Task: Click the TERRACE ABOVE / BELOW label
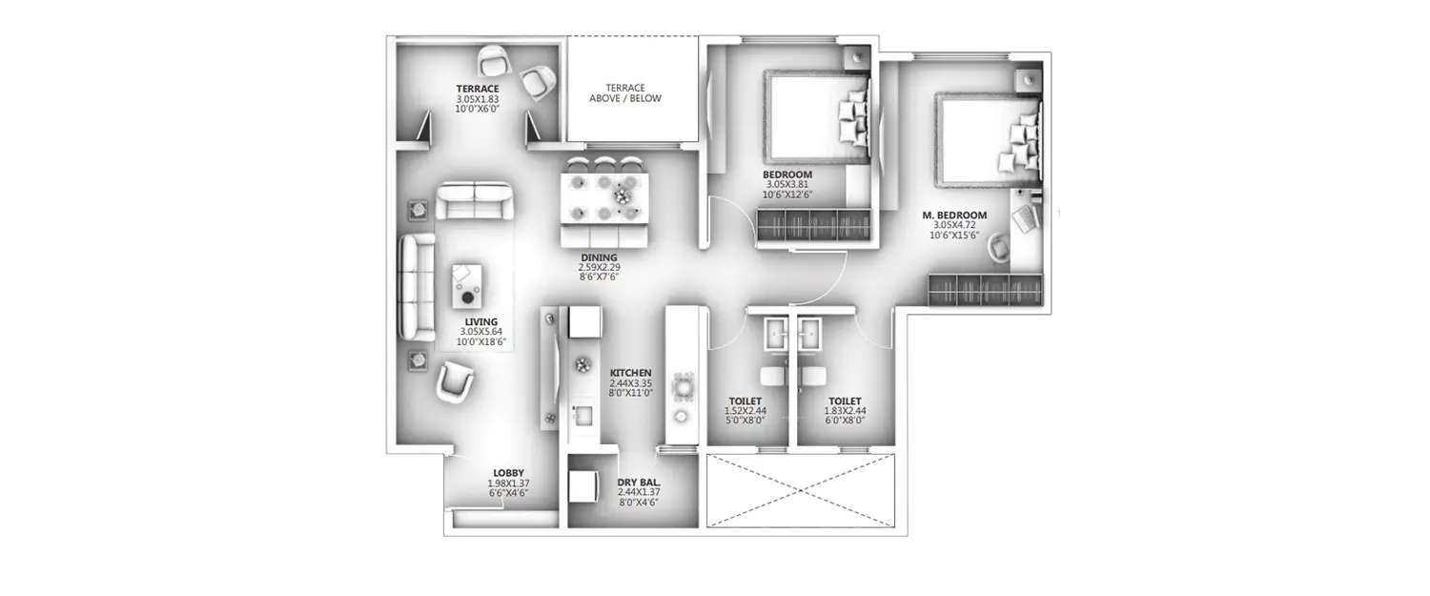coord(624,92)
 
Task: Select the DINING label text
coord(599,257)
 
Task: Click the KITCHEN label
coord(630,373)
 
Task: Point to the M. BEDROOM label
coord(954,216)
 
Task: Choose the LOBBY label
coord(507,473)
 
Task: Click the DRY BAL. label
coord(639,483)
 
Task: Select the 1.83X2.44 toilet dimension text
coord(845,411)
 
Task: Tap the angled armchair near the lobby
coord(454,384)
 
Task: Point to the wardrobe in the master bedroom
coord(986,290)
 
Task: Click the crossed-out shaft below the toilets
coord(802,490)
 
